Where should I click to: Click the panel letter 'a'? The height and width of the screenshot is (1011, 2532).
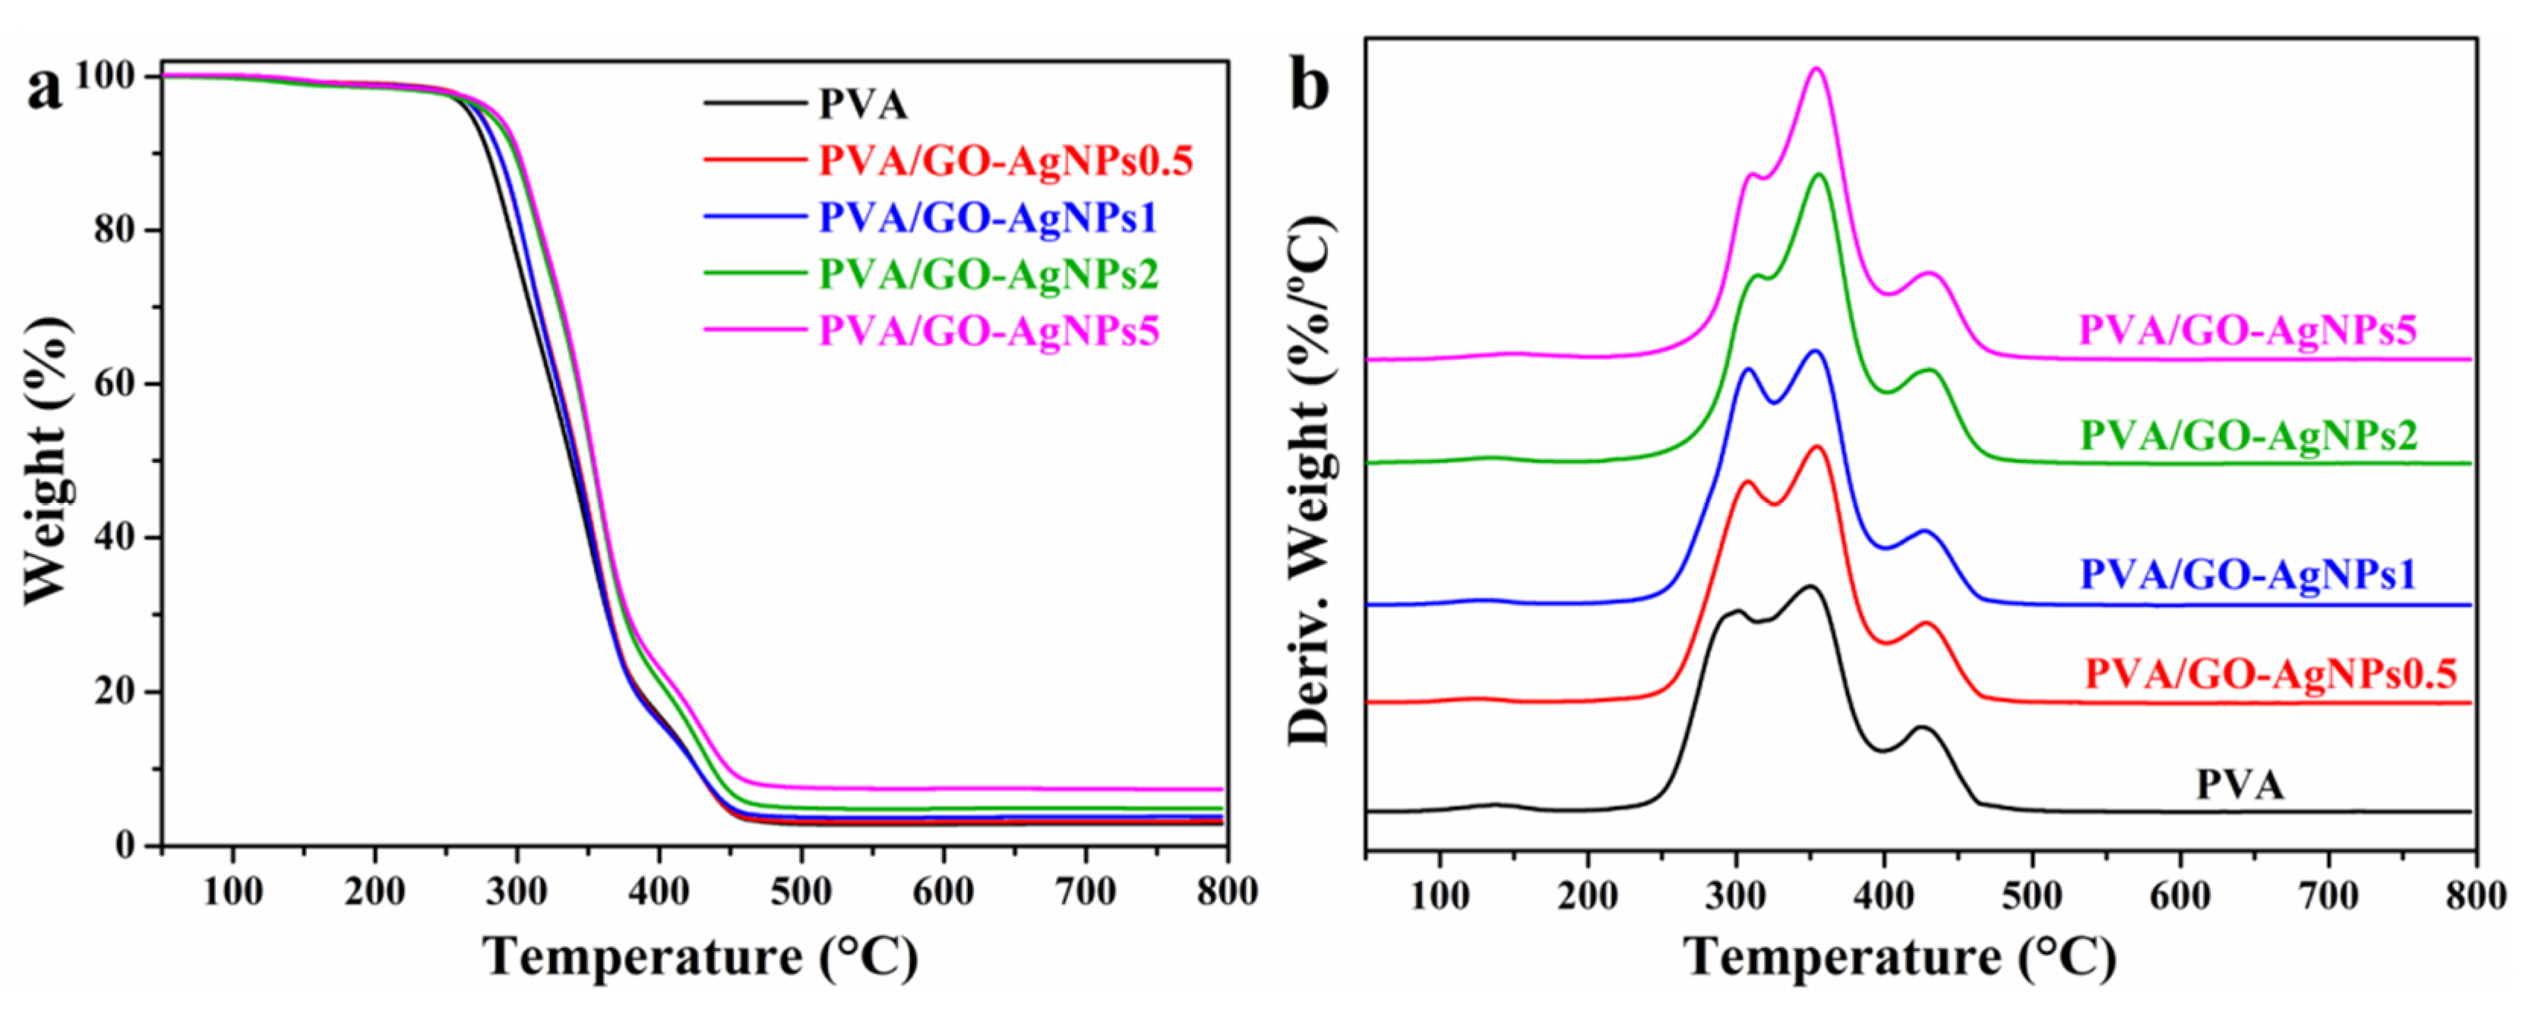43,90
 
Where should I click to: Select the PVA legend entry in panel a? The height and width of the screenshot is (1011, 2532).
863,104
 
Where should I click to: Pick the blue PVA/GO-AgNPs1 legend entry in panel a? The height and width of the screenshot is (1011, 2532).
988,217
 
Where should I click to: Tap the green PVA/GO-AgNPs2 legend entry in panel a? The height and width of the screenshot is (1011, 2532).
989,273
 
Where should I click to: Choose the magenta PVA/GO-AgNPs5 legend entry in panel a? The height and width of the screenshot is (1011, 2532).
989,330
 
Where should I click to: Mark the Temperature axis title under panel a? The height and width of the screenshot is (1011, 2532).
700,957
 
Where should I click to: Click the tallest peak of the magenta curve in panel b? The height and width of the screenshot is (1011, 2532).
1816,70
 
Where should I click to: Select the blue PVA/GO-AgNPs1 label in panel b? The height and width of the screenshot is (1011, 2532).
2247,575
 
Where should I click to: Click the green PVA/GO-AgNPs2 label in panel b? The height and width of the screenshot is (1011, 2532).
2248,435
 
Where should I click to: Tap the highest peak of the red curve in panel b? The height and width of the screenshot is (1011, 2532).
1816,447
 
